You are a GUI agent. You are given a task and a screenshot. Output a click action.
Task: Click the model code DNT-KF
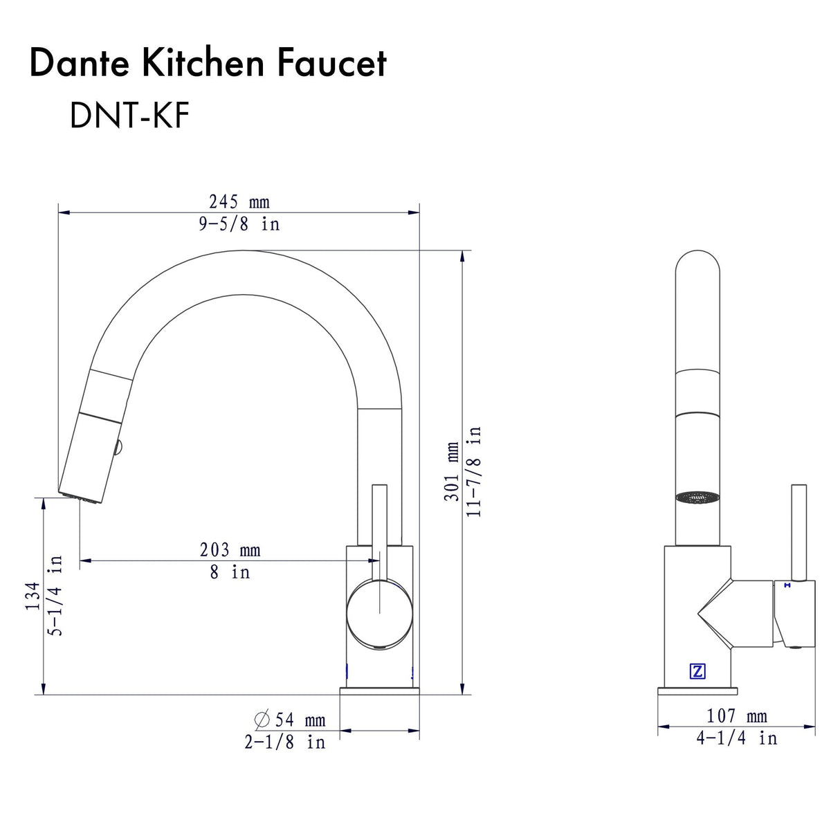[x=129, y=115]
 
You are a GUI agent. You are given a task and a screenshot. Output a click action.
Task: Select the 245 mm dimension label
[x=239, y=202]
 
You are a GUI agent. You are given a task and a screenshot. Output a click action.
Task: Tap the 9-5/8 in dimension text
[x=239, y=224]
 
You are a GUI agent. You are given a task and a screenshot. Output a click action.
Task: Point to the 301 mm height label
[x=452, y=471]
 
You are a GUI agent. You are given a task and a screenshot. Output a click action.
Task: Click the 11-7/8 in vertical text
[x=475, y=471]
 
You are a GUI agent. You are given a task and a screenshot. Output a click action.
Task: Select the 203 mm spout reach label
[x=230, y=550]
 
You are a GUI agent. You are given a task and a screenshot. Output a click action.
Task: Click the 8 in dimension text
[x=230, y=572]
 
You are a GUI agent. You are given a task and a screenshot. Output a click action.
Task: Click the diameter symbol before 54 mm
[x=262, y=720]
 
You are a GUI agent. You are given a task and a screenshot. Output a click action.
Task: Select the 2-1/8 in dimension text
[x=284, y=742]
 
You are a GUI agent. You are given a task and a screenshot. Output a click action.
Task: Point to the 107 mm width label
[x=736, y=716]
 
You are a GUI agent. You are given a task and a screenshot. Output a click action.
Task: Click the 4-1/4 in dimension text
[x=736, y=738]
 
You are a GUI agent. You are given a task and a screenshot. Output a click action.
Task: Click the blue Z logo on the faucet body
[x=697, y=671]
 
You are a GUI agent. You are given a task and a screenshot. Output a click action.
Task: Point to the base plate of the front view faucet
[x=697, y=691]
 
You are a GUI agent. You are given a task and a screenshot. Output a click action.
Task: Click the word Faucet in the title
[x=331, y=63]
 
